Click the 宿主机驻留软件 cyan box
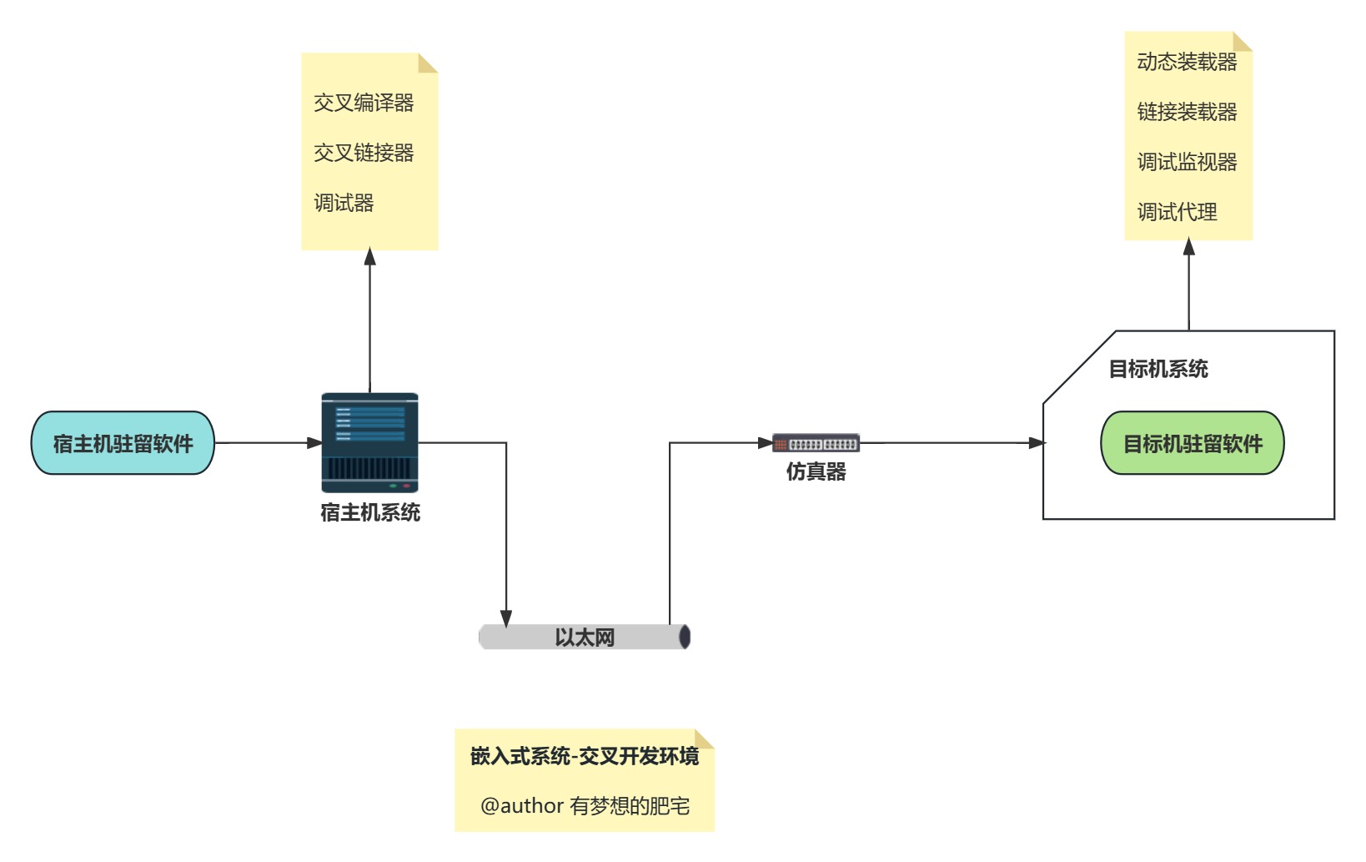point(123,443)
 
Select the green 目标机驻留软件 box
point(1192,443)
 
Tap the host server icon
point(369,443)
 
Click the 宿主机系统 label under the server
point(369,512)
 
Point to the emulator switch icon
point(816,443)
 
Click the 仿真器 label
point(816,472)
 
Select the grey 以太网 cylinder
point(584,638)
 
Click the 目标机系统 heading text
point(1158,369)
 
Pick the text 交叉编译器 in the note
point(364,103)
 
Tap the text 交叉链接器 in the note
point(364,153)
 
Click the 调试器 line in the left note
point(344,203)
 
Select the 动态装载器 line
point(1187,62)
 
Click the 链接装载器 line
point(1187,112)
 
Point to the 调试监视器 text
point(1187,162)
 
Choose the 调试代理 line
point(1177,212)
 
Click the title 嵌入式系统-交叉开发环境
point(584,756)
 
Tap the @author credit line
point(584,806)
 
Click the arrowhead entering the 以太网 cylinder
point(506,618)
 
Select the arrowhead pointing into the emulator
point(765,443)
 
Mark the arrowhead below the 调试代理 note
point(1188,247)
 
